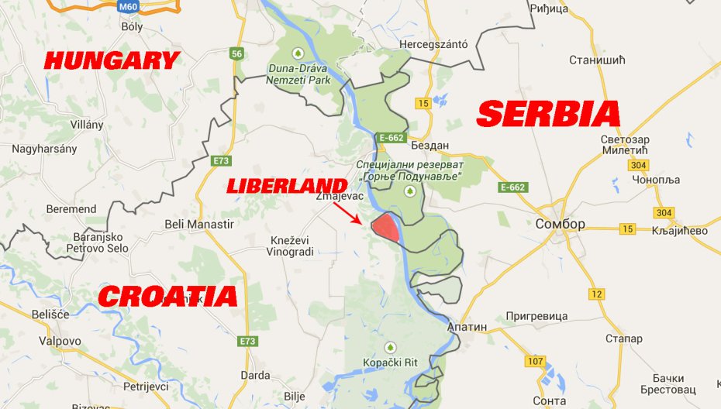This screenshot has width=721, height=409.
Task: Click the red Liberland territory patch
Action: [x=385, y=229]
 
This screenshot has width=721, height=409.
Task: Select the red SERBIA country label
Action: [x=549, y=115]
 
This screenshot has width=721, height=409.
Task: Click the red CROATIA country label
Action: [x=167, y=296]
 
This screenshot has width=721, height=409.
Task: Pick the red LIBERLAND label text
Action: [x=286, y=185]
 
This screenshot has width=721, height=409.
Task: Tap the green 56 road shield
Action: [x=237, y=53]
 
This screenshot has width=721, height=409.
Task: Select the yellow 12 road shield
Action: [x=595, y=294]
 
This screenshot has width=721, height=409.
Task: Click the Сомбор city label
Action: [x=560, y=225]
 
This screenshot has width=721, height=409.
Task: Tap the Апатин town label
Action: [x=467, y=327]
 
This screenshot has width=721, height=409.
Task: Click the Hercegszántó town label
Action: [x=433, y=44]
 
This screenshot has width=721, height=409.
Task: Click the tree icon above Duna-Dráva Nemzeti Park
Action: [x=297, y=53]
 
